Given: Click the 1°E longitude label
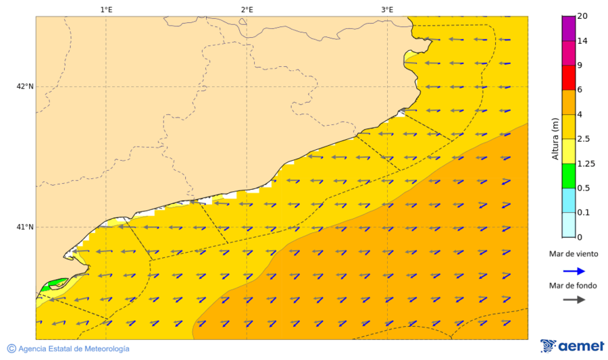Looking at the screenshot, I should point(106,9).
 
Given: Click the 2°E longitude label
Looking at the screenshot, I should point(247,9).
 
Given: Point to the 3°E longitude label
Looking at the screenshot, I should point(387,9).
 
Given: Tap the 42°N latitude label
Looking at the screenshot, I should point(25,86).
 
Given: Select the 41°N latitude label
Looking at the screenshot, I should point(25,227).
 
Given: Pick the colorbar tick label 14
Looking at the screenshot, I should point(582,41).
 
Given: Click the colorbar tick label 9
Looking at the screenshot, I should point(580,66).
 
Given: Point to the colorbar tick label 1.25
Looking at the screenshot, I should point(586,163).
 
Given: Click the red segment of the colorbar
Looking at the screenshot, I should point(568,78).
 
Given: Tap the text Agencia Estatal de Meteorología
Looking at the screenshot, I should point(73,349).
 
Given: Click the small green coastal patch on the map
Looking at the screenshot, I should point(54,283).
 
